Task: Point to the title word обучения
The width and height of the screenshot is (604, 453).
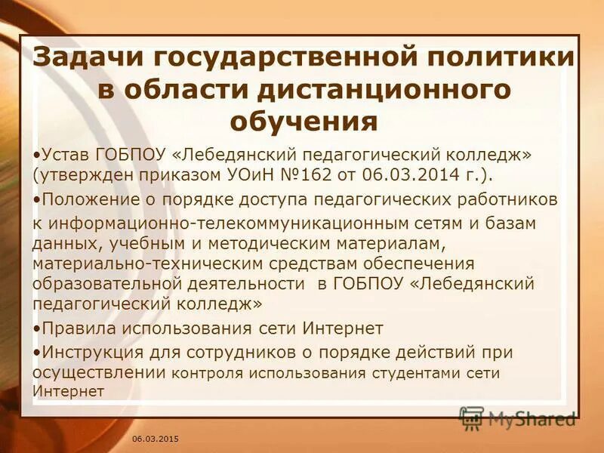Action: pos(303,120)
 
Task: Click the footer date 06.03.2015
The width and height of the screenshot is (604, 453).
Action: pos(156,439)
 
